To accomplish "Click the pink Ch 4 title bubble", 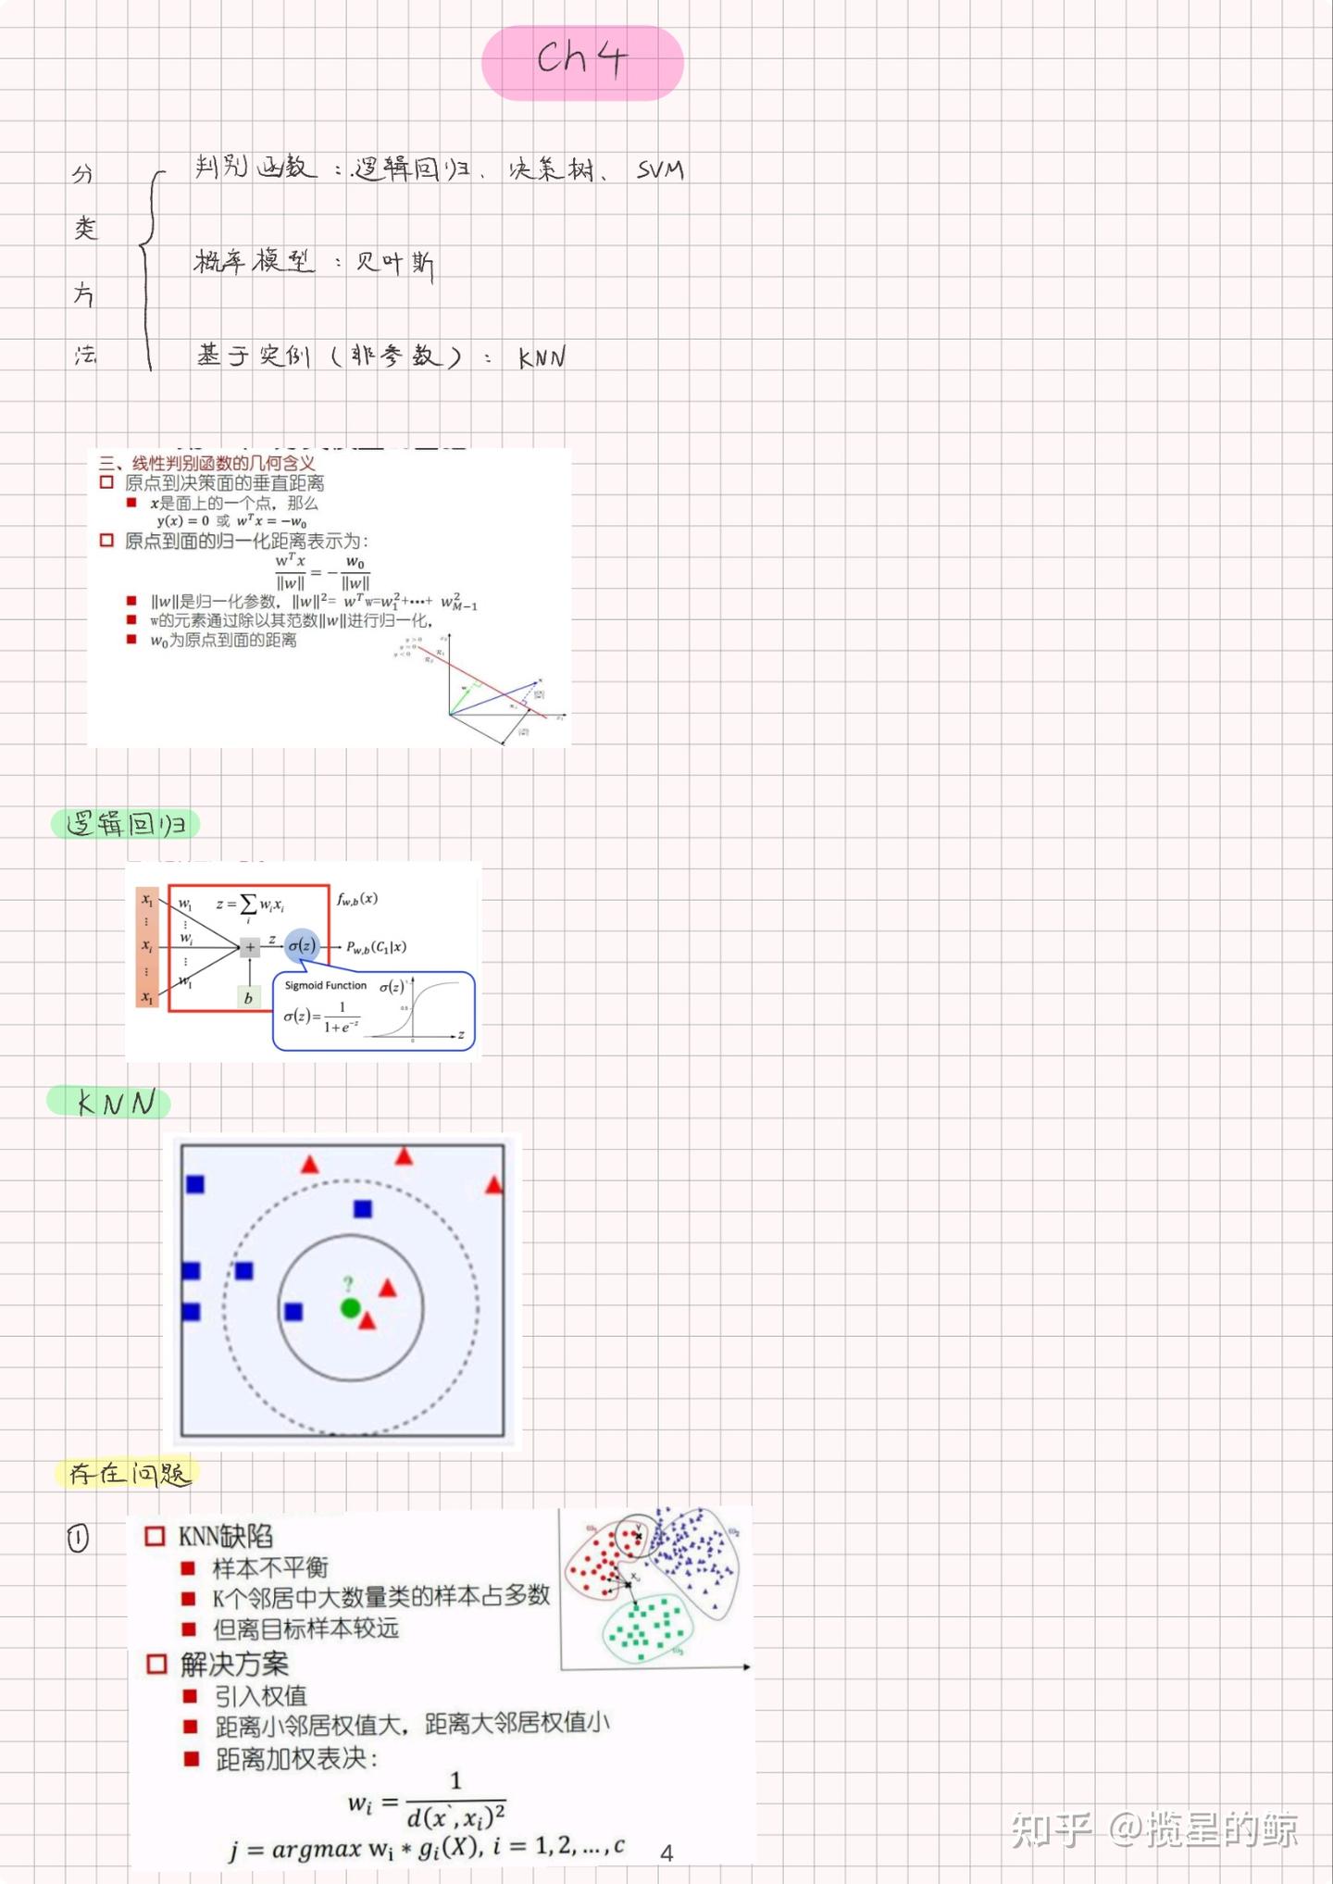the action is point(582,62).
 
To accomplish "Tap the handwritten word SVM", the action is point(660,169).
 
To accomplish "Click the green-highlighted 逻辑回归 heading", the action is point(126,823).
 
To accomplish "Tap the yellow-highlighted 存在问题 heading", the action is point(129,1473).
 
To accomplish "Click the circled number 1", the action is point(78,1539).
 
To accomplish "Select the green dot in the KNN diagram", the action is point(350,1308).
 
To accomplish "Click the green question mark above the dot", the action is point(348,1284).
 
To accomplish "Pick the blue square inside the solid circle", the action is point(293,1312).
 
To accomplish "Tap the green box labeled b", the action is point(248,998).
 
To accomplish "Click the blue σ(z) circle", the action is point(302,945).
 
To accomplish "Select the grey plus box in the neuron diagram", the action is point(250,947).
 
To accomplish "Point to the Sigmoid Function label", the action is point(325,985).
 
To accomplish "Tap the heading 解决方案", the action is point(234,1664).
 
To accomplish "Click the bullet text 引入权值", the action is point(260,1696).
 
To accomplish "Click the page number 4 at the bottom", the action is point(666,1853).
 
